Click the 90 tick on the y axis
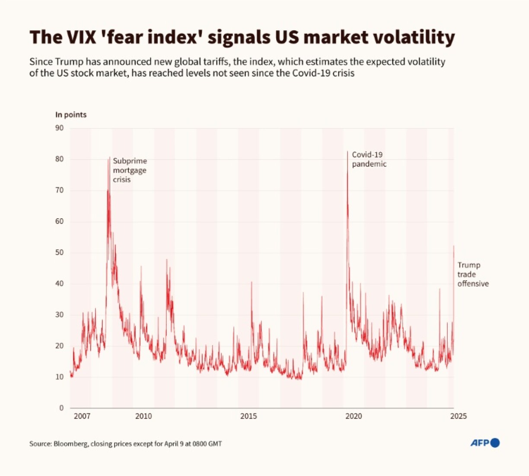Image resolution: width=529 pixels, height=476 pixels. pyautogui.click(x=59, y=128)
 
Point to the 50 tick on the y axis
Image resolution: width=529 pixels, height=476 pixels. pyautogui.click(x=59, y=252)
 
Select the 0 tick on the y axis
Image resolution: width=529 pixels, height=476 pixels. pyautogui.click(x=61, y=408)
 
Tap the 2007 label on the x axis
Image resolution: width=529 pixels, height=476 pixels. pyautogui.click(x=82, y=416)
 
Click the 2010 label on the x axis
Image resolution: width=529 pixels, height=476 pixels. pyautogui.click(x=143, y=416)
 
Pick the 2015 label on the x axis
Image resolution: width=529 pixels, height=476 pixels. pyautogui.click(x=249, y=416)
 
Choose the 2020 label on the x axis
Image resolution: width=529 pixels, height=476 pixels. pyautogui.click(x=354, y=416)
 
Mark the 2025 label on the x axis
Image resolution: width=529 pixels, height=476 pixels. pyautogui.click(x=458, y=416)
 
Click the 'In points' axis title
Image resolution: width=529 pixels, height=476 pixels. pyautogui.click(x=71, y=115)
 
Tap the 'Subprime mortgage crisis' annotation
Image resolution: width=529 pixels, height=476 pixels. pyautogui.click(x=130, y=170)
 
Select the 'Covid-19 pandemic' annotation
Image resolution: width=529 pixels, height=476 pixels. pyautogui.click(x=369, y=159)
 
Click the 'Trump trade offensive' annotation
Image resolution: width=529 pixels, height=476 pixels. pyautogui.click(x=473, y=275)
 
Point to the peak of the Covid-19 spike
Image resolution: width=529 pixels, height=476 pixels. pyautogui.click(x=347, y=151)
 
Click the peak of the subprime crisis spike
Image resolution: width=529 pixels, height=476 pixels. pyautogui.click(x=109, y=157)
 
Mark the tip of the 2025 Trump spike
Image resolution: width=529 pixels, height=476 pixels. pyautogui.click(x=453, y=246)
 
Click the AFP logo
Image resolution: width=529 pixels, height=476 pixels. pyautogui.click(x=485, y=443)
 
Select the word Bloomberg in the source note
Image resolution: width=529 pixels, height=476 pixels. pyautogui.click(x=70, y=444)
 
